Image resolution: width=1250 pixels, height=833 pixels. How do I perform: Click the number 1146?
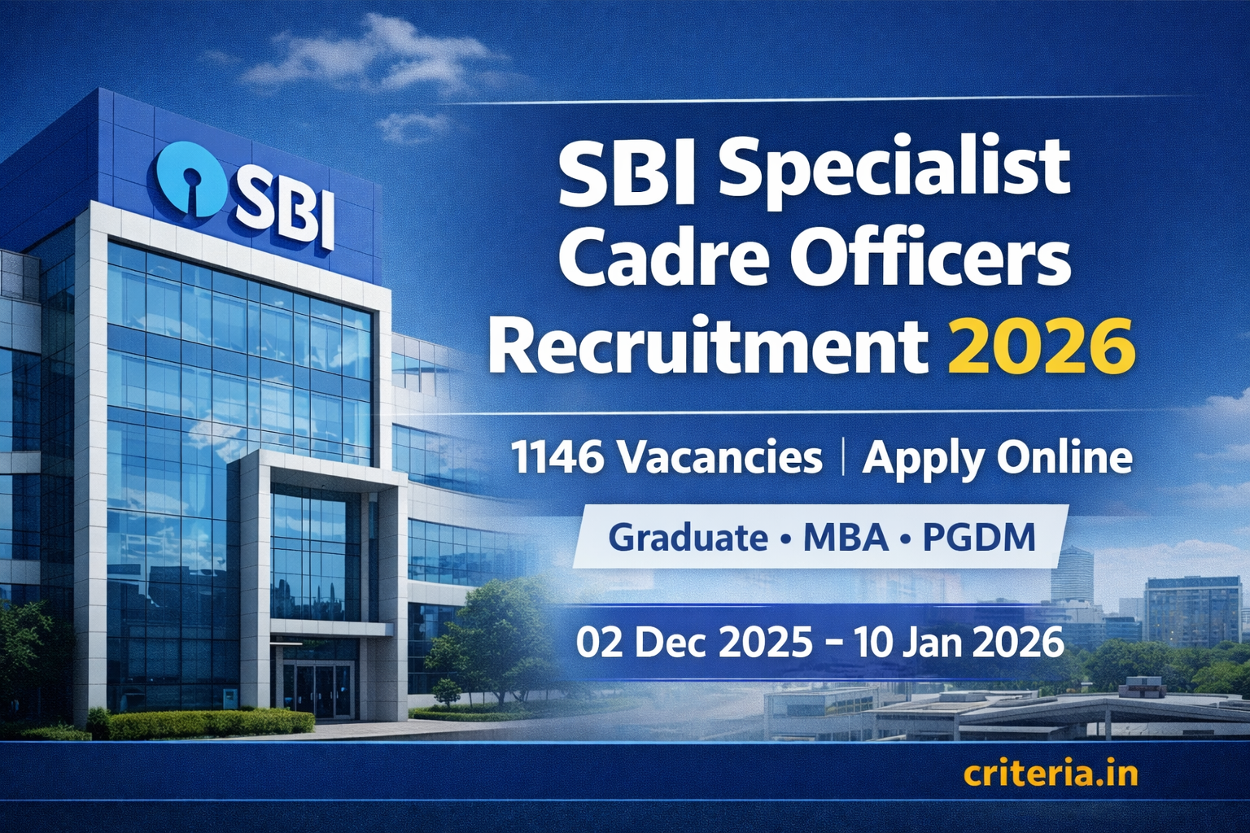pyautogui.click(x=557, y=457)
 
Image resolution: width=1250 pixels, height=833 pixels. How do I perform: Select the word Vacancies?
pyautogui.click(x=720, y=457)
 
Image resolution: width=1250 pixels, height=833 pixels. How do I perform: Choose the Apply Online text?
pyautogui.click(x=997, y=459)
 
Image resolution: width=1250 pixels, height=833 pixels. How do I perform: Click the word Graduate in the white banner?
pyautogui.click(x=688, y=538)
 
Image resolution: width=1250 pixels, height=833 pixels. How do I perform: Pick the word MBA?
pyautogui.click(x=846, y=538)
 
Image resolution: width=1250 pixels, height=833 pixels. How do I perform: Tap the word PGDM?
pyautogui.click(x=979, y=538)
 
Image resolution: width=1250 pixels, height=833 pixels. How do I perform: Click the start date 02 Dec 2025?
pyautogui.click(x=693, y=643)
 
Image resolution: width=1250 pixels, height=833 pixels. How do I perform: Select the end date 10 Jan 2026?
pyautogui.click(x=959, y=643)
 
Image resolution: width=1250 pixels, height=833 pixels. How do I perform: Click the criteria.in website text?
pyautogui.click(x=1050, y=774)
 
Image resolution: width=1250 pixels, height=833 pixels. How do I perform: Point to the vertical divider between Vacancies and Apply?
pyautogui.click(x=842, y=457)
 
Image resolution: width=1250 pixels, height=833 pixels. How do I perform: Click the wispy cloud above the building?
pyautogui.click(x=366, y=57)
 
